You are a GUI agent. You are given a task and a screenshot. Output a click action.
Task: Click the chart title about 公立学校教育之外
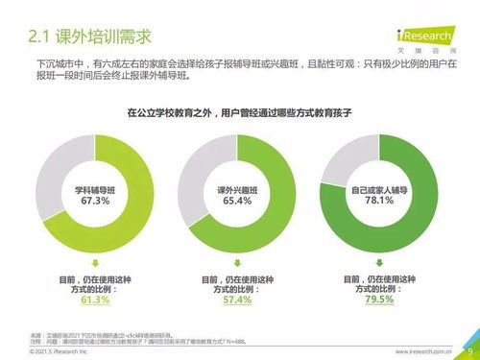coord(240,112)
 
